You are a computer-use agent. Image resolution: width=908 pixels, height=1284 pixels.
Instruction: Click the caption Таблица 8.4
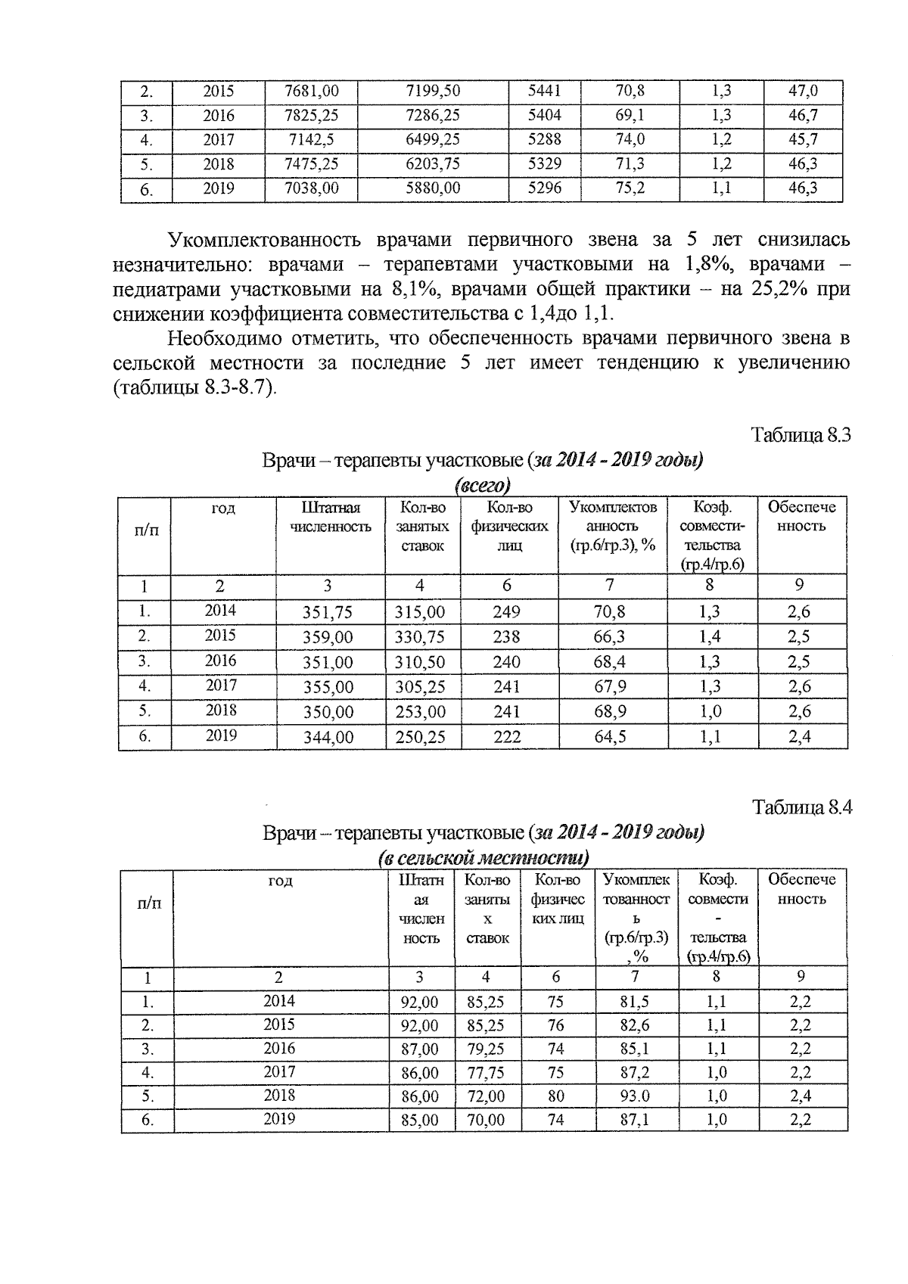[801, 807]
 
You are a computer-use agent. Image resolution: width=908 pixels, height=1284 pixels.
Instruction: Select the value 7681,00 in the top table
[311, 92]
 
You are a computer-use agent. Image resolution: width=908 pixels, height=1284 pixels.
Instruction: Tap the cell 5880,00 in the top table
[433, 188]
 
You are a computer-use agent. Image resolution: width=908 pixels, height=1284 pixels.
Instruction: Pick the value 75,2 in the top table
[630, 188]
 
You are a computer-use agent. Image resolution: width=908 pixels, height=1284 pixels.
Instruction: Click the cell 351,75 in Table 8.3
[328, 612]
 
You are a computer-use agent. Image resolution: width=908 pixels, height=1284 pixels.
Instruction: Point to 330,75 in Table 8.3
[420, 637]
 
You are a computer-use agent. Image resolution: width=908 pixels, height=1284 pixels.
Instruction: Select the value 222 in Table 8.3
[507, 737]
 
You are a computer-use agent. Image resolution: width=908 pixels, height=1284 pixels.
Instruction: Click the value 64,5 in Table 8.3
[610, 737]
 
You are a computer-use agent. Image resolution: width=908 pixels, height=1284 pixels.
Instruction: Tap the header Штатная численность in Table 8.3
[331, 518]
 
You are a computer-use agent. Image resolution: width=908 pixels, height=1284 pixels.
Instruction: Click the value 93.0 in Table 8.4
[635, 1096]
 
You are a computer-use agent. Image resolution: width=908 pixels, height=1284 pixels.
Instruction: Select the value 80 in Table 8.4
[556, 1096]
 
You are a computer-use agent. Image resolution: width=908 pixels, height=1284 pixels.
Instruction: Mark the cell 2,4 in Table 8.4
[801, 1096]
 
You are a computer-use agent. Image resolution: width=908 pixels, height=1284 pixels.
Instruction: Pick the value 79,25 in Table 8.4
[486, 1049]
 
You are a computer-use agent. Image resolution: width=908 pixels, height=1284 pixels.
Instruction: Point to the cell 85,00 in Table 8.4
[420, 1120]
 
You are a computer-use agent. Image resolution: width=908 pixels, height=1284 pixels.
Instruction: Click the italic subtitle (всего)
[482, 484]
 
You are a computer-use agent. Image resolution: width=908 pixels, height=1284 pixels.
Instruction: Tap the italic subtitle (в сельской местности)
[483, 858]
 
